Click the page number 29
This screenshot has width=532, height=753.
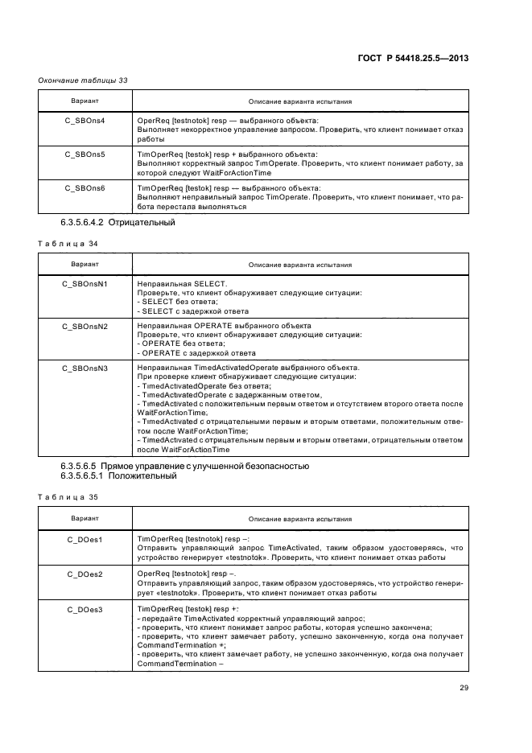[464, 687]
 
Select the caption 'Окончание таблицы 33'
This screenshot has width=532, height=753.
[83, 80]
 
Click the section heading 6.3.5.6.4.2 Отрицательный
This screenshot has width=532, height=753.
[118, 222]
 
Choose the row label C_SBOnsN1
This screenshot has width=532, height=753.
[85, 284]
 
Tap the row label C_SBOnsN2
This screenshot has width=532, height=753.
[85, 326]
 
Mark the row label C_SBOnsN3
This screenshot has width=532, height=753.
[85, 368]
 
